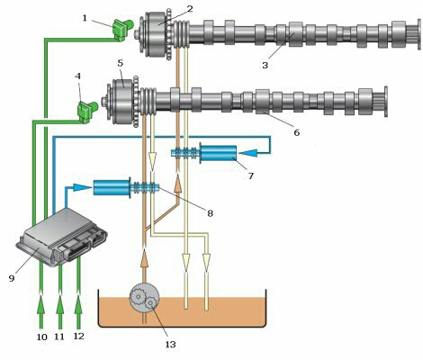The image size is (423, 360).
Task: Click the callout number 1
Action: [85, 18]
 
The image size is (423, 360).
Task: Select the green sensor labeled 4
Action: [87, 112]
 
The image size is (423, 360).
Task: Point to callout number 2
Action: [190, 9]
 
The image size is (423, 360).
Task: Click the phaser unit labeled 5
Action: [121, 102]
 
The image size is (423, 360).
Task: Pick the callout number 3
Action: [265, 65]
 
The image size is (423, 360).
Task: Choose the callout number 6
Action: [297, 132]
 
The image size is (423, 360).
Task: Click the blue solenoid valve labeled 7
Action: [217, 154]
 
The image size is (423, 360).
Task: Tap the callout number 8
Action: [210, 213]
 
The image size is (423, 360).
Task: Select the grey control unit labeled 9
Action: [62, 237]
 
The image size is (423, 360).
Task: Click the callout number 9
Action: [12, 278]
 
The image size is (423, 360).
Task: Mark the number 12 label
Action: [78, 337]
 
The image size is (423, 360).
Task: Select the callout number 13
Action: [170, 345]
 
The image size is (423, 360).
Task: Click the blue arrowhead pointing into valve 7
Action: [248, 153]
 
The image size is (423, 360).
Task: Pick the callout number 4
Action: [78, 76]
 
